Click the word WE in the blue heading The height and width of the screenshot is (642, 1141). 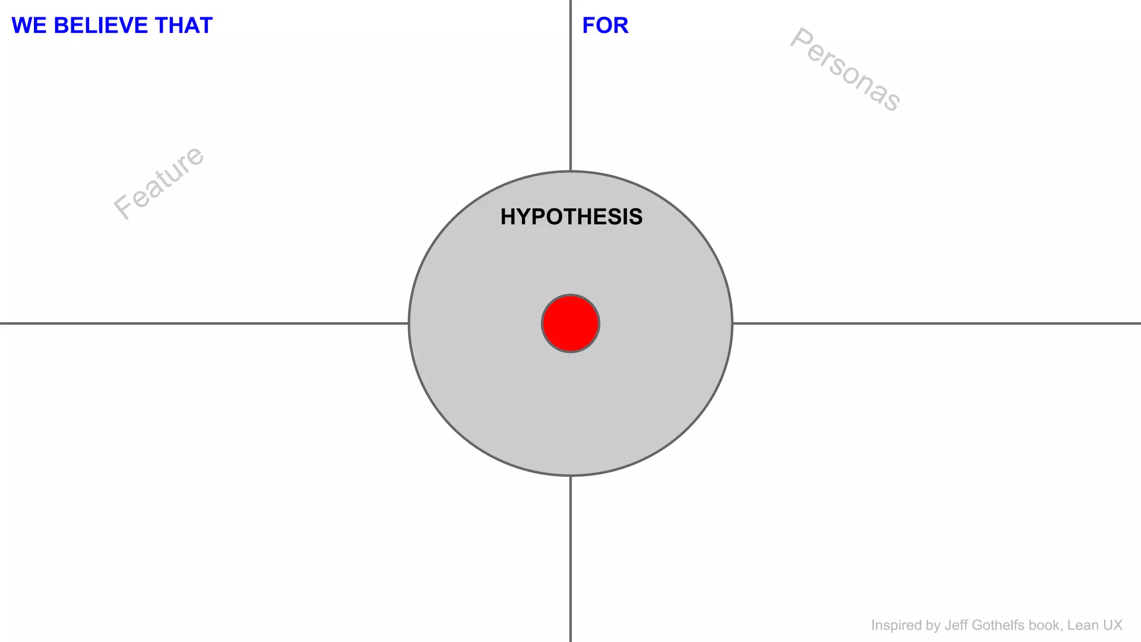[29, 26]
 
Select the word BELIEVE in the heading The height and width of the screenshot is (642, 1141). [101, 26]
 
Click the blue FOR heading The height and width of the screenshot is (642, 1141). [605, 26]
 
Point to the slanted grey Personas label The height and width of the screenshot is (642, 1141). [845, 70]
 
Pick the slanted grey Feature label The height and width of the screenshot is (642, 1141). [159, 182]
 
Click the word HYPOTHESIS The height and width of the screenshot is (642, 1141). [571, 217]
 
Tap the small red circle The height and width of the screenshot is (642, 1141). [570, 323]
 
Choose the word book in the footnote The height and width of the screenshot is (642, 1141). [1046, 625]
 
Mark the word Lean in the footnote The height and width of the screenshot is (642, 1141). [1083, 625]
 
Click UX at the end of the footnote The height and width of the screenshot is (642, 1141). [1113, 625]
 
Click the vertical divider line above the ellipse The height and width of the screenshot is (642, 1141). [570, 84]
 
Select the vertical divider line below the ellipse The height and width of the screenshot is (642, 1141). [570, 557]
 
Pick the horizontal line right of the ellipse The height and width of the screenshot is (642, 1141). [936, 323]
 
